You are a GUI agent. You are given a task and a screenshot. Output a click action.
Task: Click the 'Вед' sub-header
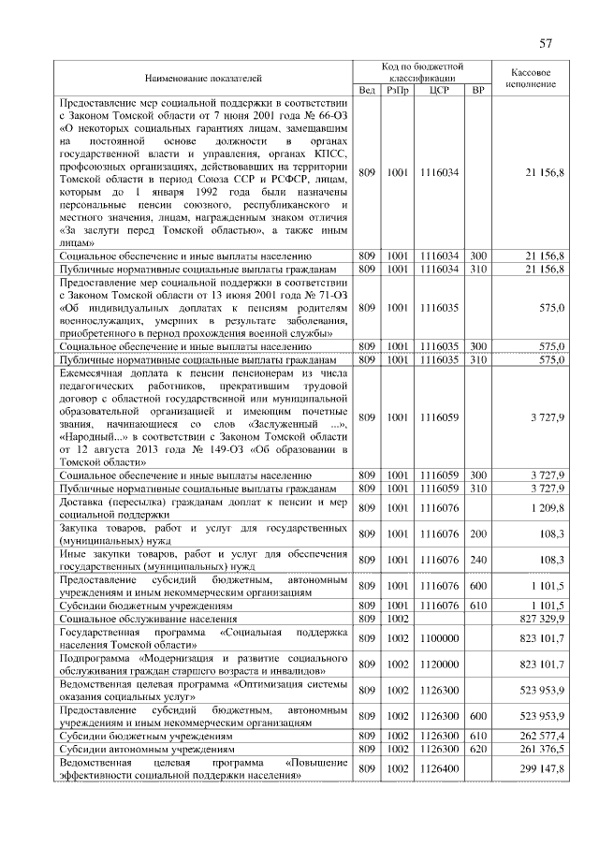pos(367,90)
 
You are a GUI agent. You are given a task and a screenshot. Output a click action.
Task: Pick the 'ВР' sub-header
pos(478,90)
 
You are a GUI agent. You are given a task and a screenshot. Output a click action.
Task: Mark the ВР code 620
pos(478,750)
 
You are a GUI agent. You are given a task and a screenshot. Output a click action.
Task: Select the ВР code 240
pos(478,560)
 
